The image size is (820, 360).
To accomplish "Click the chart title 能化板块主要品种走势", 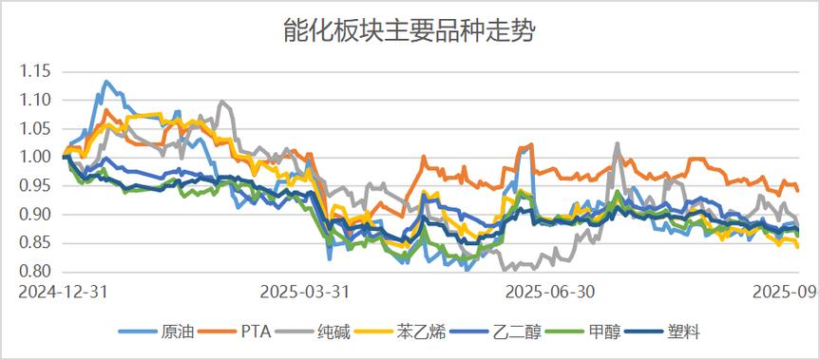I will click(410, 31).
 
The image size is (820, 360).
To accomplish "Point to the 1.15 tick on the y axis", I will click(35, 71).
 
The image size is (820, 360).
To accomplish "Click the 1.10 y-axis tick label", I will click(35, 100).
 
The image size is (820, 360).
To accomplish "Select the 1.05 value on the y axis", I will click(35, 128).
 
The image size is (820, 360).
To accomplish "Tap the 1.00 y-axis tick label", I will click(35, 157).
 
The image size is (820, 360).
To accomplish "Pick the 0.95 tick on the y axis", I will click(35, 186).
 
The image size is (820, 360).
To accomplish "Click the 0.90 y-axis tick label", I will click(35, 215).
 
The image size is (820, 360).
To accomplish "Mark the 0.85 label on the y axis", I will click(35, 243).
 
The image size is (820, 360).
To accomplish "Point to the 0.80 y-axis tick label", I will click(35, 272).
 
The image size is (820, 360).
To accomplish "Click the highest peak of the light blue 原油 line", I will click(105, 82).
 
